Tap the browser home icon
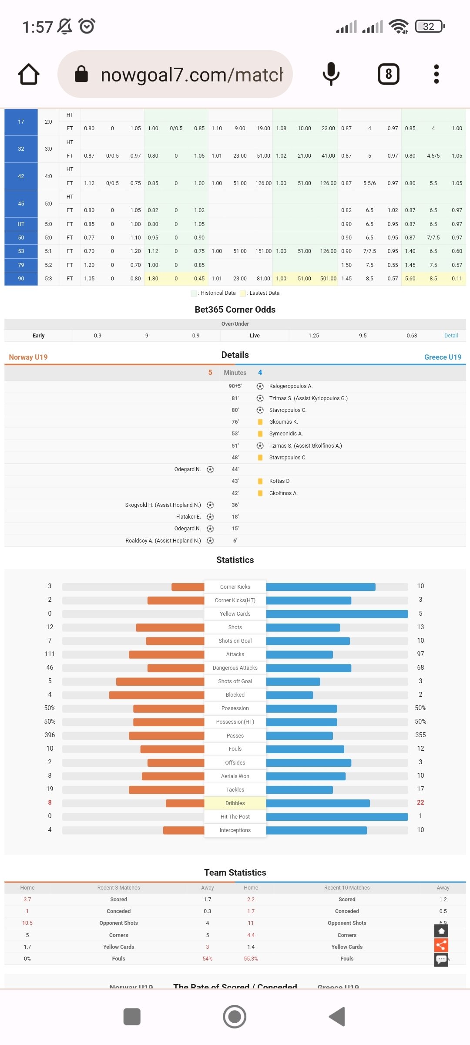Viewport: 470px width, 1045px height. click(x=29, y=74)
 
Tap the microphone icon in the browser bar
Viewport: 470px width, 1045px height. click(x=331, y=74)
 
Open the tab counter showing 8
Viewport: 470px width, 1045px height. click(x=388, y=74)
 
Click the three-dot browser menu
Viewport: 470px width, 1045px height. click(x=436, y=74)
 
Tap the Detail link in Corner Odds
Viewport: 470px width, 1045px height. click(x=451, y=336)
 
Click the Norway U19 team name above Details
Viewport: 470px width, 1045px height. click(x=28, y=357)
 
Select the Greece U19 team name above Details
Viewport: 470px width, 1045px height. click(x=443, y=357)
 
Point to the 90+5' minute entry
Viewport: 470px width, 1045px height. click(x=235, y=386)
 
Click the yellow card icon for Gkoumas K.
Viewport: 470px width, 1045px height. click(x=260, y=422)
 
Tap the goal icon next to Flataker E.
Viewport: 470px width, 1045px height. click(x=210, y=517)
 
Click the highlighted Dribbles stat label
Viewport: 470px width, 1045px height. click(x=235, y=803)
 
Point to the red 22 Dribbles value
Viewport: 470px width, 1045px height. click(x=420, y=802)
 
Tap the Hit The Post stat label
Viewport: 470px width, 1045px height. click(x=235, y=817)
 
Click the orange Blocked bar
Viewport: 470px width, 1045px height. click(x=157, y=695)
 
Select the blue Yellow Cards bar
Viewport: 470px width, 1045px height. click(x=337, y=614)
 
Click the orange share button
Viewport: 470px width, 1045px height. click(x=441, y=945)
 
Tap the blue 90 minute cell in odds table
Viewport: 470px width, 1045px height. click(x=21, y=279)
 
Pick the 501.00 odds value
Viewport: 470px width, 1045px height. click(x=328, y=279)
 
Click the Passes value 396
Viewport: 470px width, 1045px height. click(x=50, y=735)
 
